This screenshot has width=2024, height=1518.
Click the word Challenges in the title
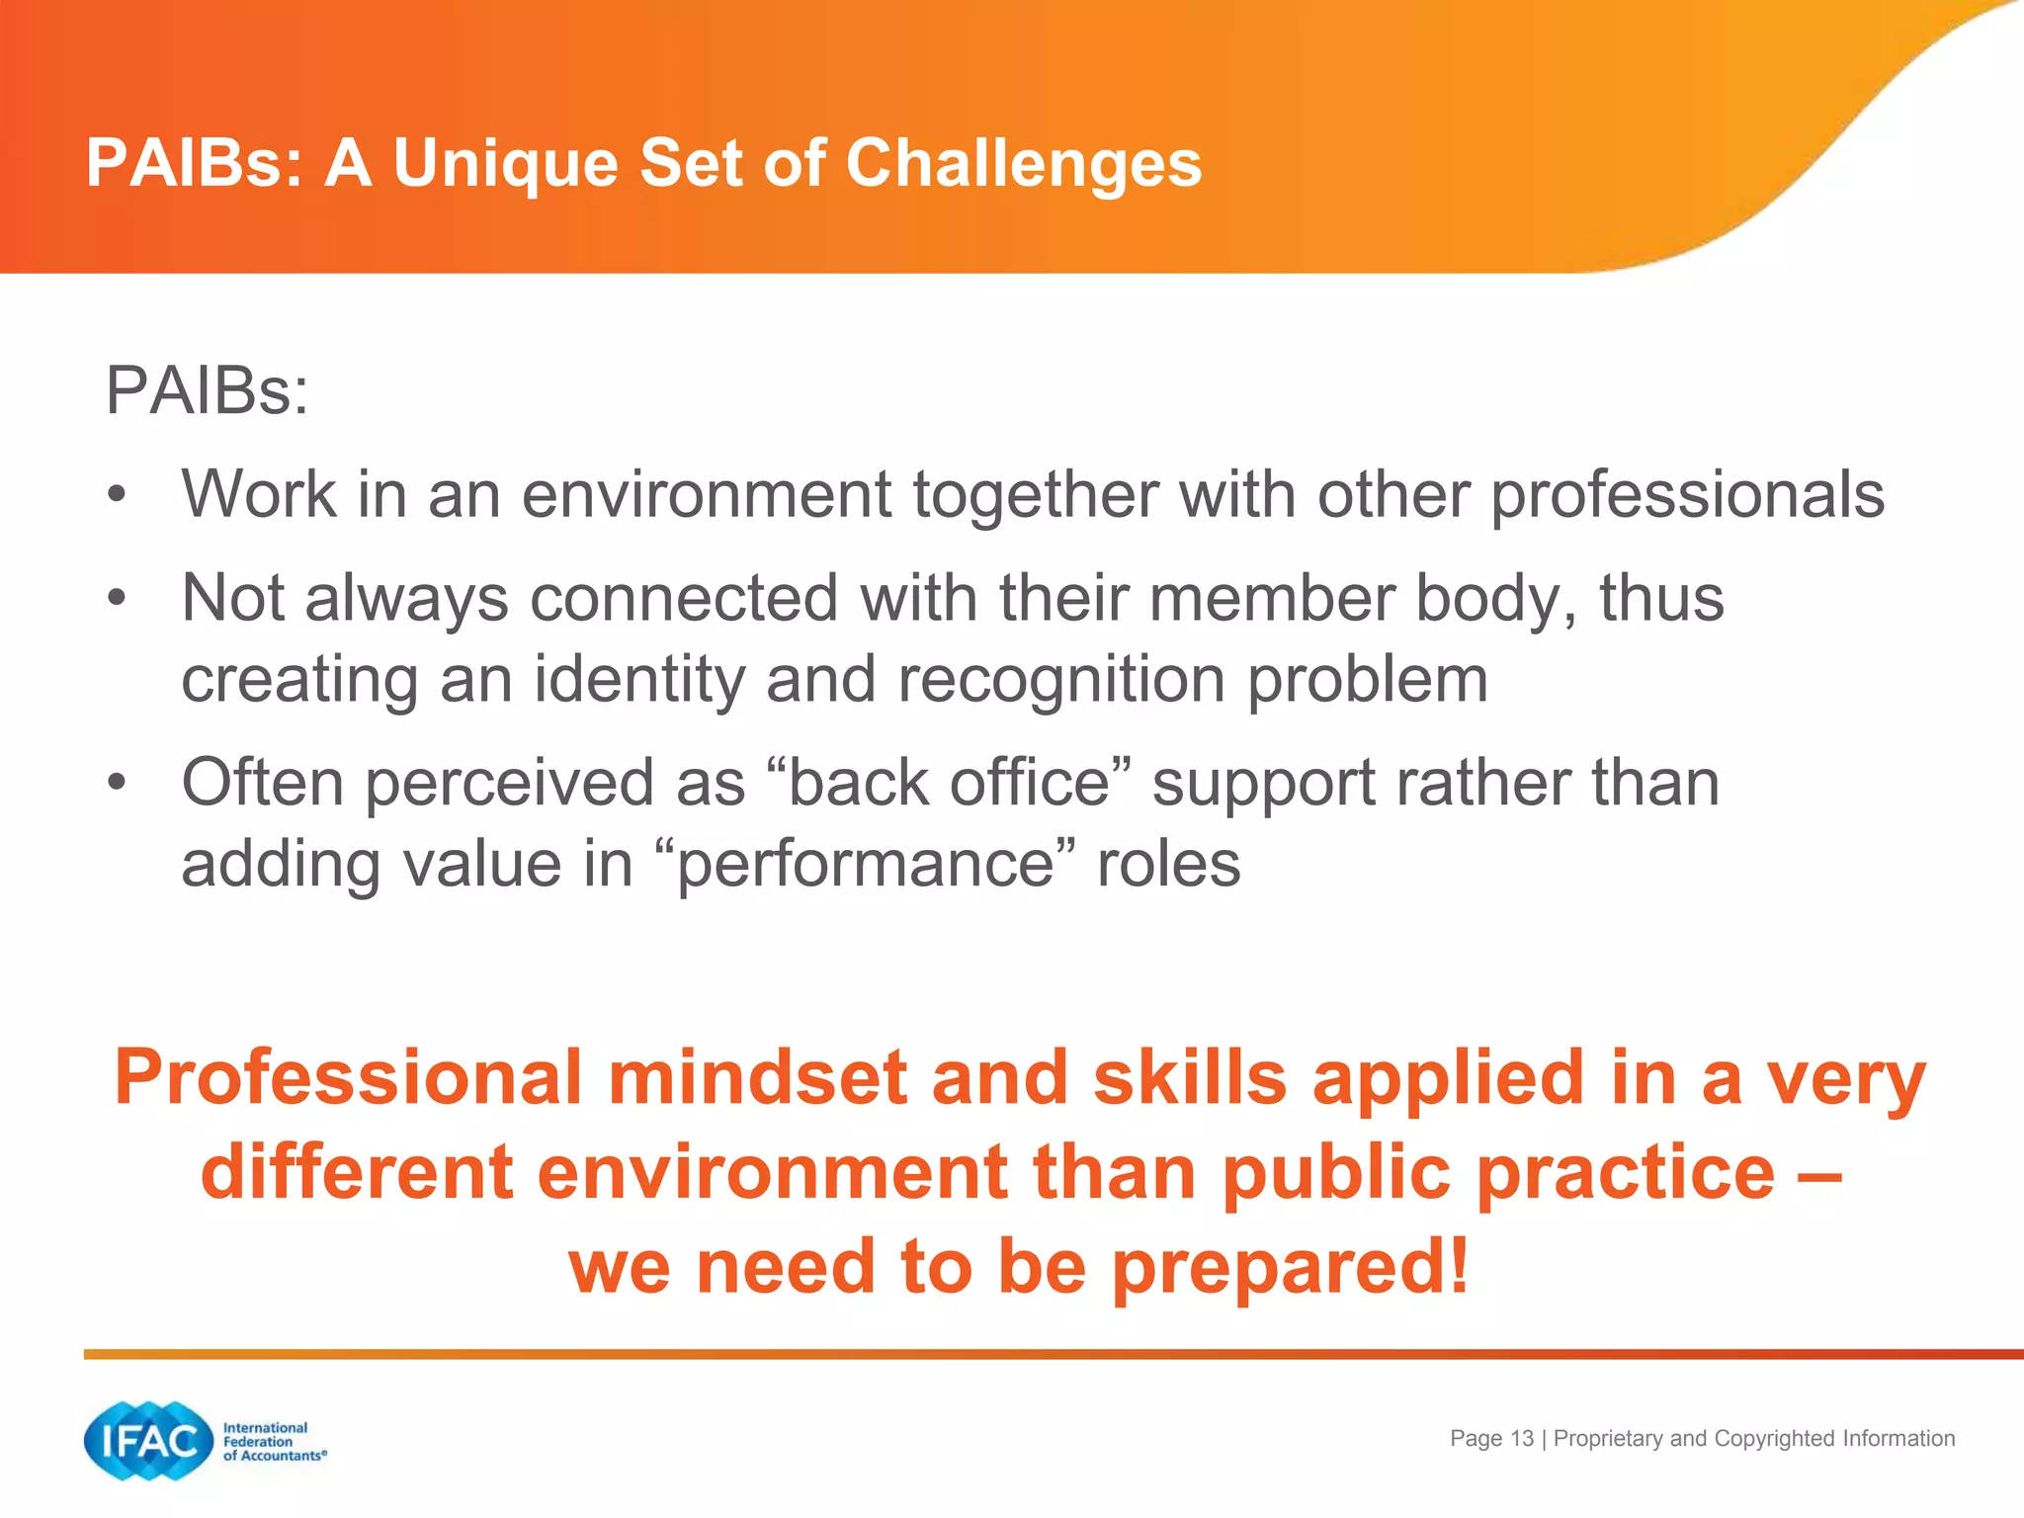pos(1023,163)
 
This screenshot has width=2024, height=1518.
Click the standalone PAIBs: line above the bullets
pos(207,391)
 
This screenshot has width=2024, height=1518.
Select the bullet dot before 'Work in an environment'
pos(118,494)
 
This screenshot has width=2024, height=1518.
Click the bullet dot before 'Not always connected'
pos(118,598)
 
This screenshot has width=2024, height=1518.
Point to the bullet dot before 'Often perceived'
pos(118,783)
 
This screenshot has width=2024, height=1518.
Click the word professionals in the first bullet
pos(1687,494)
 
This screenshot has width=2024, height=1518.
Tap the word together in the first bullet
pos(1034,494)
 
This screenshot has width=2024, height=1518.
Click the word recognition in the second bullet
pos(1060,681)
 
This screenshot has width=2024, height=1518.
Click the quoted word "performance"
pos(866,865)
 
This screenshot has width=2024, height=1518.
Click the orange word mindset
pos(757,1077)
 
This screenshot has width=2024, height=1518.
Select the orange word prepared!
pos(1291,1267)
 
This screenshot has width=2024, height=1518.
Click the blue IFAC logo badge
pos(148,1441)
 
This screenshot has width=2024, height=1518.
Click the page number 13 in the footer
pos(1522,1439)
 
